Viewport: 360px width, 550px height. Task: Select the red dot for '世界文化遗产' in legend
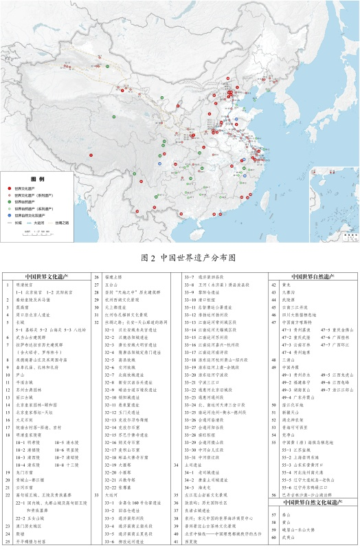tap(8, 188)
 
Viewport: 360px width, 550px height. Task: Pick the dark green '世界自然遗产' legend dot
tap(8, 201)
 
